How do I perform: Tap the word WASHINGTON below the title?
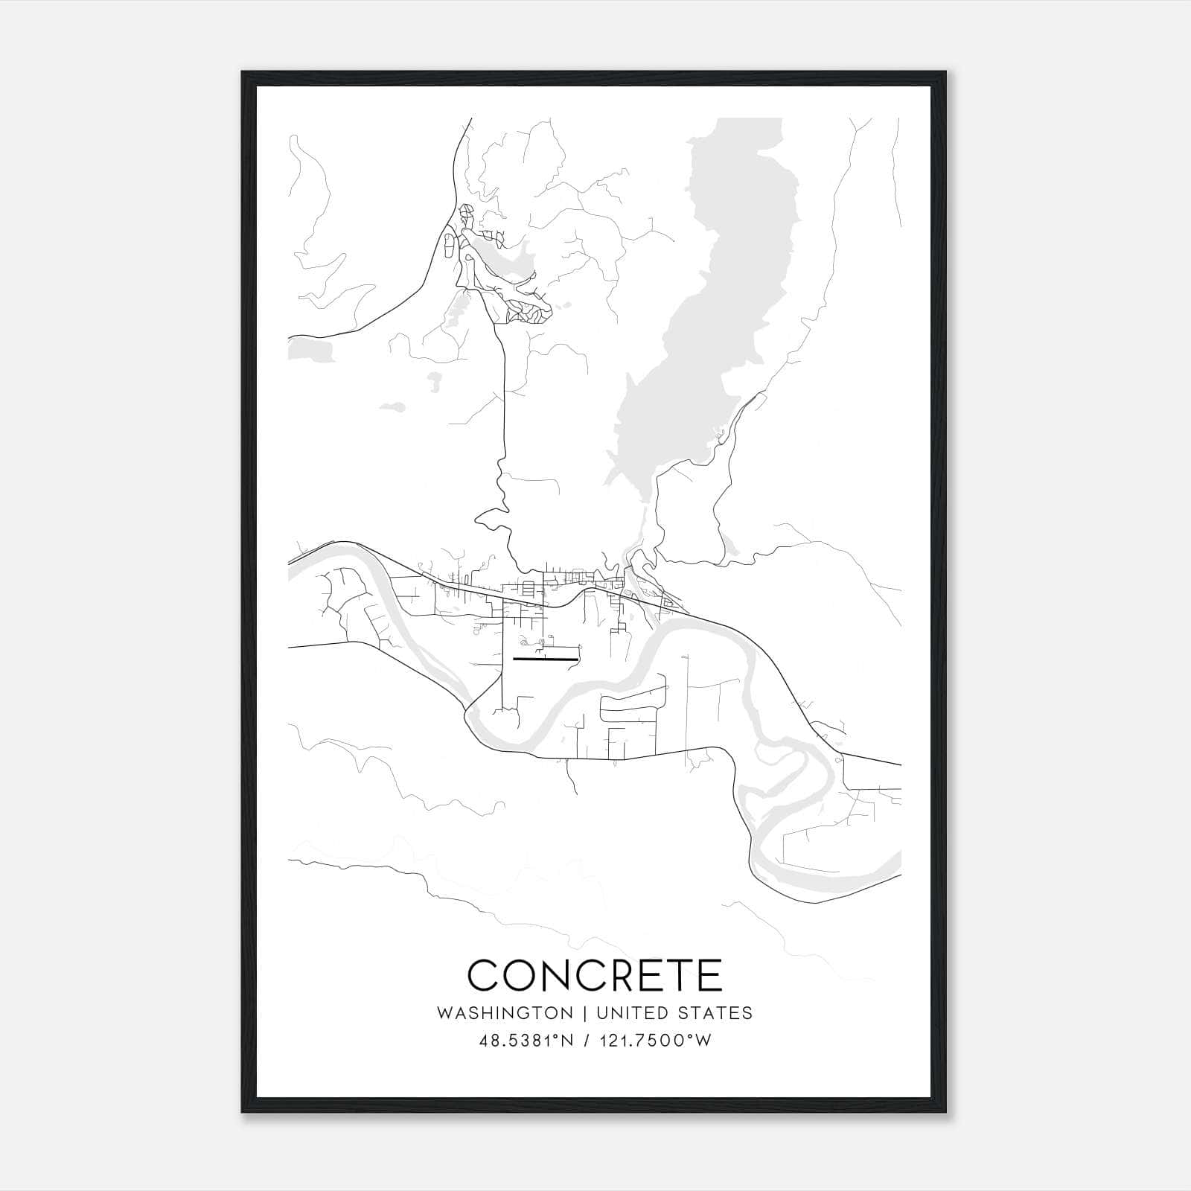[x=505, y=1013]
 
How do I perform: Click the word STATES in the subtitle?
[x=716, y=1013]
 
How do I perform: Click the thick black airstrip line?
[x=546, y=659]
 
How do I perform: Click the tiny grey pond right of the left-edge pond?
[x=392, y=407]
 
